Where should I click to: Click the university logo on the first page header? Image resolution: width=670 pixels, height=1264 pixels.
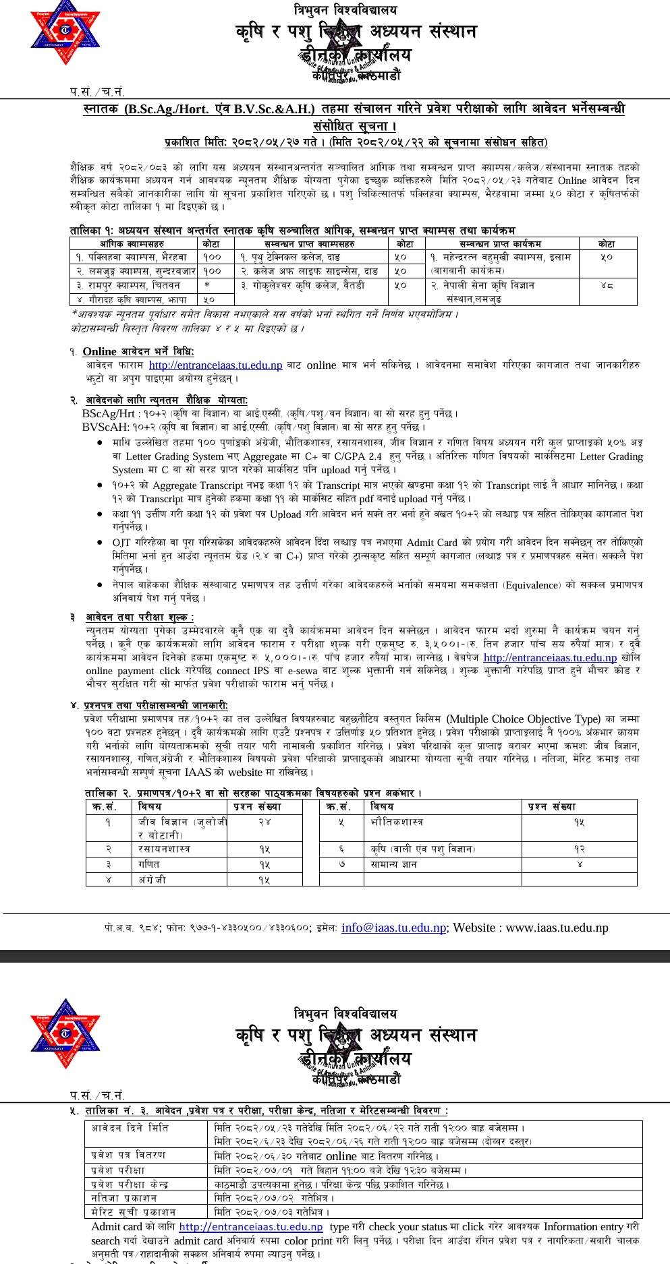(65, 32)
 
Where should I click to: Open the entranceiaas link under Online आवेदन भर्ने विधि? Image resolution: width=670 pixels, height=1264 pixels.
(215, 365)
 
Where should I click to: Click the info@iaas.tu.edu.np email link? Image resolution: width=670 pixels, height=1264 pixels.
(393, 928)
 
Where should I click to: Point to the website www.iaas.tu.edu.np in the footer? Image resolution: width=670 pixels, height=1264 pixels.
(557, 928)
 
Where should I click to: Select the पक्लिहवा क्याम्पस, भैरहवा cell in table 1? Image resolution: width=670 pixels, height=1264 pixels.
(132, 257)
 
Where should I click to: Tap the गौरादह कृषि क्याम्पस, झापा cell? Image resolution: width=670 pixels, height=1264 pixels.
(132, 299)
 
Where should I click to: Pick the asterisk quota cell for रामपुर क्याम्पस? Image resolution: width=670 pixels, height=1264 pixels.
(207, 285)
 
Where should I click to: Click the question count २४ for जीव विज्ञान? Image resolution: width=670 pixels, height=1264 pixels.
(264, 822)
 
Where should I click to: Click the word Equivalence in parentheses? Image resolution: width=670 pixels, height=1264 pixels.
(532, 585)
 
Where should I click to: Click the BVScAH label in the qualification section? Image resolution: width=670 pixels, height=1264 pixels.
(105, 427)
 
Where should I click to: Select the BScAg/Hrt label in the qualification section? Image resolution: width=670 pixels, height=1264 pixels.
(109, 413)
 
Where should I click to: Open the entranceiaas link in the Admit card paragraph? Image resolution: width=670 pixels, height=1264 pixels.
(251, 1227)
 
